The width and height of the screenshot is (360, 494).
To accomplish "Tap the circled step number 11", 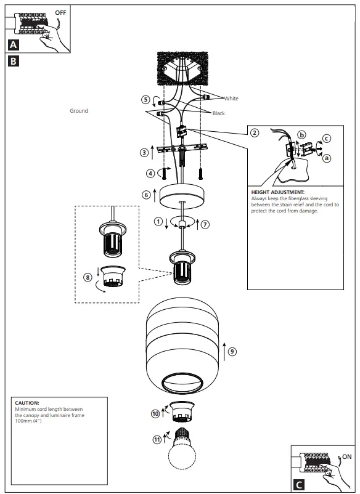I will click(x=157, y=439).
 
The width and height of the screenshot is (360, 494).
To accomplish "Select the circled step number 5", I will click(x=145, y=99).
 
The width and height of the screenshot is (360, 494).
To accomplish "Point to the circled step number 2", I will click(x=255, y=132).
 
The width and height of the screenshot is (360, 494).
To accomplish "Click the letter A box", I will click(x=14, y=44).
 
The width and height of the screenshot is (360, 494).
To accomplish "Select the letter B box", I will click(x=14, y=61).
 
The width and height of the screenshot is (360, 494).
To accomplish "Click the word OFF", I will click(x=62, y=12).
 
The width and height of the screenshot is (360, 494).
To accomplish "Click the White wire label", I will click(x=231, y=99).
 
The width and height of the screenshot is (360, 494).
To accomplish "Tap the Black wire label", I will click(x=219, y=113).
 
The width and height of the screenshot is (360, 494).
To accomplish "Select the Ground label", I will click(x=79, y=111).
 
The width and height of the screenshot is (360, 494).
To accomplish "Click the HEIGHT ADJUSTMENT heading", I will click(x=278, y=192).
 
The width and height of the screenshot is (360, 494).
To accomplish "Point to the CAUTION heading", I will click(x=27, y=403).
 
